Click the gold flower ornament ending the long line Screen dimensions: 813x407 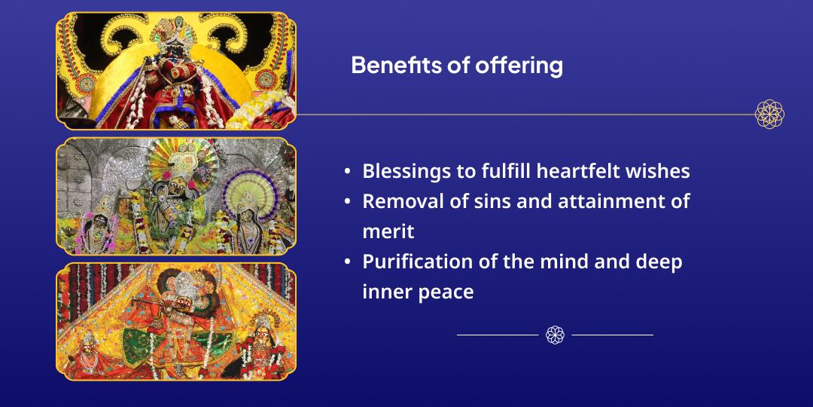[769, 115]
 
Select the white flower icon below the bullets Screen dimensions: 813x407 [555, 335]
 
